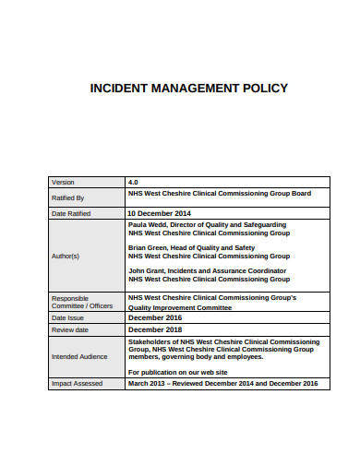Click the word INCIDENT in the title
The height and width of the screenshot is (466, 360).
(117, 89)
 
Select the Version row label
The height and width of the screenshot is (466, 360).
(65, 182)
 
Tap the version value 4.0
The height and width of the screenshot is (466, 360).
(134, 182)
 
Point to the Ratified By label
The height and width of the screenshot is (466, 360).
(68, 197)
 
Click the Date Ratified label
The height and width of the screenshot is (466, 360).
(71, 213)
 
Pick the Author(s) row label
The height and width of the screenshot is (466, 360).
(66, 256)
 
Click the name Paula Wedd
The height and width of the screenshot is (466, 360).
(149, 224)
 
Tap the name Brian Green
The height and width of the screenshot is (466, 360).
(150, 247)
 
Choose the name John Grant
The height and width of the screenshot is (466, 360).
(148, 270)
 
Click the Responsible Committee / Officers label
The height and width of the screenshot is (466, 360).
(82, 302)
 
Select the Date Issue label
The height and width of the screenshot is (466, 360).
(67, 317)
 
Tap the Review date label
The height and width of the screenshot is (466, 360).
(70, 329)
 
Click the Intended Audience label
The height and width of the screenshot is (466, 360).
(79, 356)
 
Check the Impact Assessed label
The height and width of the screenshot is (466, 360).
(78, 383)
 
